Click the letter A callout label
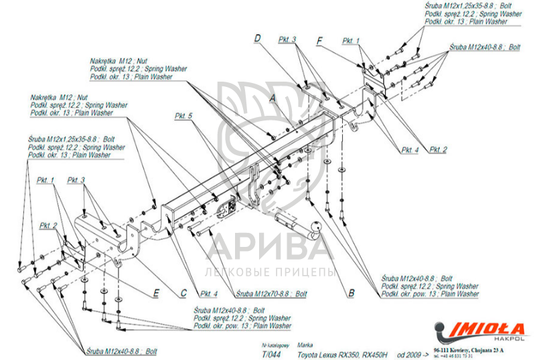coord(273,98)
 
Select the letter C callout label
coord(183,292)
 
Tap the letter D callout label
coord(256,39)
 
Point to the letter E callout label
coord(155,292)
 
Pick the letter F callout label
coord(320,40)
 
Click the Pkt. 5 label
coord(183,116)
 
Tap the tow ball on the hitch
coord(315,230)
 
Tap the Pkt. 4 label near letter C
coord(209,293)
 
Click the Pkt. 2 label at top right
coord(438,149)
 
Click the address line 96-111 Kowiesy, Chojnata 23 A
coord(469,349)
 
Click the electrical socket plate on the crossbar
coord(225,205)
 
